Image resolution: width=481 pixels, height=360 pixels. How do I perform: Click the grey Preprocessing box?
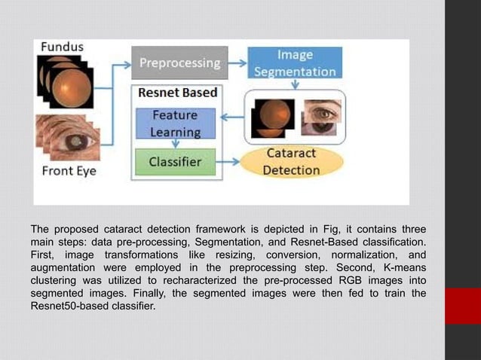[x=178, y=63]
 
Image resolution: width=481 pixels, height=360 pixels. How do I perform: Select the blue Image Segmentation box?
[x=294, y=63]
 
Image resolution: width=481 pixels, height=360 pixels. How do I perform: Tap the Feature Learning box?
[x=175, y=124]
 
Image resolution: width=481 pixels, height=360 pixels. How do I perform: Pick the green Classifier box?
[x=175, y=161]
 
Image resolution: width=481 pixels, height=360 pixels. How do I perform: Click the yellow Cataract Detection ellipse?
[x=290, y=161]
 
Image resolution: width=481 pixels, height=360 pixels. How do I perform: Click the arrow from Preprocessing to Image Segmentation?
[x=236, y=62]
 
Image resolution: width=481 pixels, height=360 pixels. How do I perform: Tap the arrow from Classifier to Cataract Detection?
[x=230, y=161]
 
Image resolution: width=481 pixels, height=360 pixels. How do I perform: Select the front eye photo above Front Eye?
[x=69, y=136]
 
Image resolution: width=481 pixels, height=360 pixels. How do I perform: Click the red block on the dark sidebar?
[x=462, y=306]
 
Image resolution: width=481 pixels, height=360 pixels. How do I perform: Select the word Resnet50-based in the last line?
[x=67, y=306]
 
